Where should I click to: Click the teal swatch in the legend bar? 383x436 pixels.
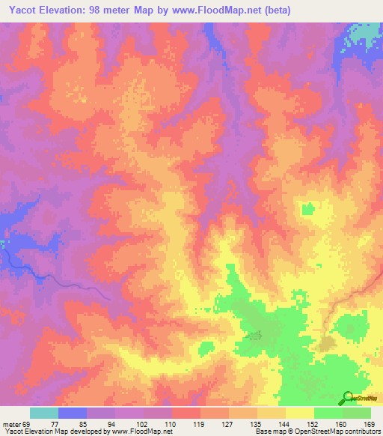(x=44, y=413)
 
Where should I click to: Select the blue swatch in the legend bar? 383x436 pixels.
(x=73, y=413)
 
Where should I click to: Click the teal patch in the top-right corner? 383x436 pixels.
(x=367, y=33)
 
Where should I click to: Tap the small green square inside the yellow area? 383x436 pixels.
(x=307, y=208)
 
